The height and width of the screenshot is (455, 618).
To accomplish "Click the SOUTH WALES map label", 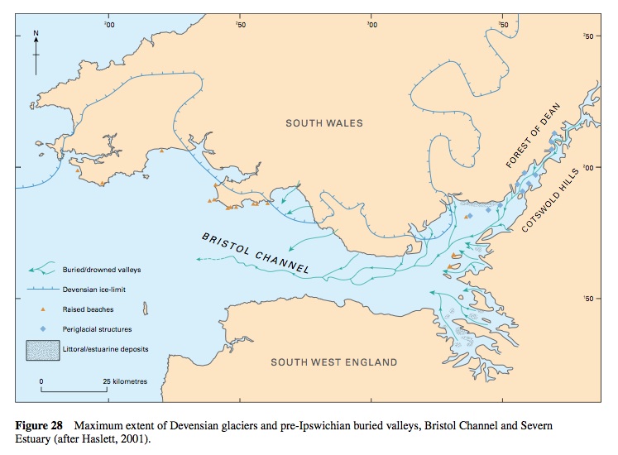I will (324, 123).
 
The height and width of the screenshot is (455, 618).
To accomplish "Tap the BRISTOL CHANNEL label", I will (256, 253).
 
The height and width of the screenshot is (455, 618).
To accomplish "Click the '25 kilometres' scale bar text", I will (125, 381).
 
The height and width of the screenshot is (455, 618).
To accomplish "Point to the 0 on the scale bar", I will (41, 381).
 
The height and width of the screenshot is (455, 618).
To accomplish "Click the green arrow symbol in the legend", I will (46, 269).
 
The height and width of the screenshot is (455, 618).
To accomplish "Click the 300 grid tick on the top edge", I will (371, 25).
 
